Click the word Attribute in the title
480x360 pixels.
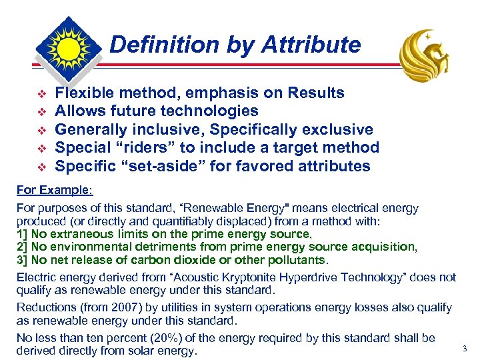pyautogui.click(x=311, y=45)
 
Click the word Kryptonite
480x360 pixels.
pyautogui.click(x=241, y=277)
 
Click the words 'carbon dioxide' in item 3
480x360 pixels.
pyautogui.click(x=168, y=259)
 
